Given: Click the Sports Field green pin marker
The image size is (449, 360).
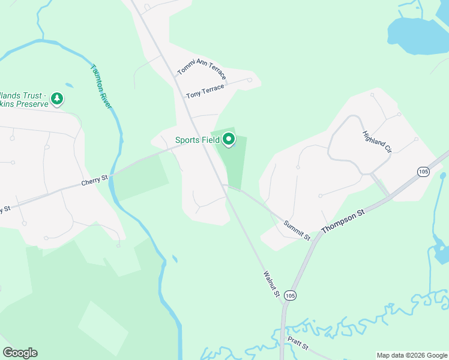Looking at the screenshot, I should click(x=229, y=140).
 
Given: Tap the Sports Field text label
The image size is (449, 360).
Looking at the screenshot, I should click(x=197, y=140).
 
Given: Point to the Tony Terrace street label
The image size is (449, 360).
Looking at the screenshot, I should click(x=205, y=91).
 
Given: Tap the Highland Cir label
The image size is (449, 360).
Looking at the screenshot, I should click(x=377, y=142).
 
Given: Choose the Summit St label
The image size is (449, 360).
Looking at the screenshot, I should click(x=297, y=227).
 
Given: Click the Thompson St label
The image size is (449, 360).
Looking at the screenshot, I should click(x=343, y=221).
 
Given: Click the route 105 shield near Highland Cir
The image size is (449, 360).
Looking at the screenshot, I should click(x=423, y=172).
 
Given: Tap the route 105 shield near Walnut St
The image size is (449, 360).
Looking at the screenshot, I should click(x=291, y=295).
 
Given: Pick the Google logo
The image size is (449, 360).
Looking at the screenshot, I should click(x=20, y=353).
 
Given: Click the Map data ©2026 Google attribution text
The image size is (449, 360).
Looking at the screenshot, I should click(x=411, y=355).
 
